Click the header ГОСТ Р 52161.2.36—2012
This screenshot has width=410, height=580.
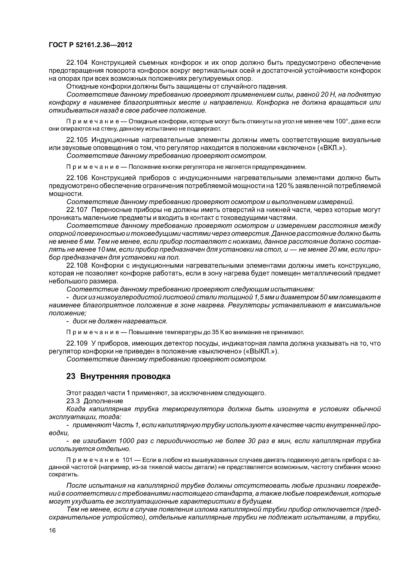90,45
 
